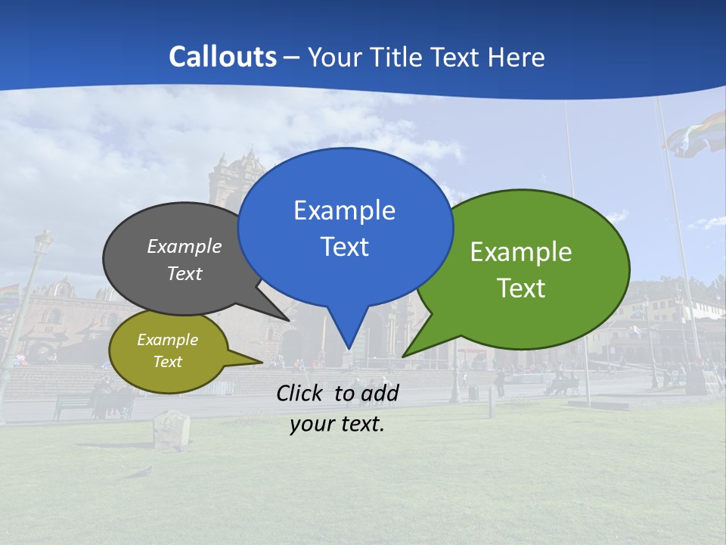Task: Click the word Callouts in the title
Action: (222, 57)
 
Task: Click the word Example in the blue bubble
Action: (344, 210)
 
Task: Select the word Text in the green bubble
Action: (521, 288)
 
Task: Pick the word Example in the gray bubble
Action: (185, 246)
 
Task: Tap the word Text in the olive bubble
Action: (168, 362)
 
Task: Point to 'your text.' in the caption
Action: (337, 424)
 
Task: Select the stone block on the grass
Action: (171, 429)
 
